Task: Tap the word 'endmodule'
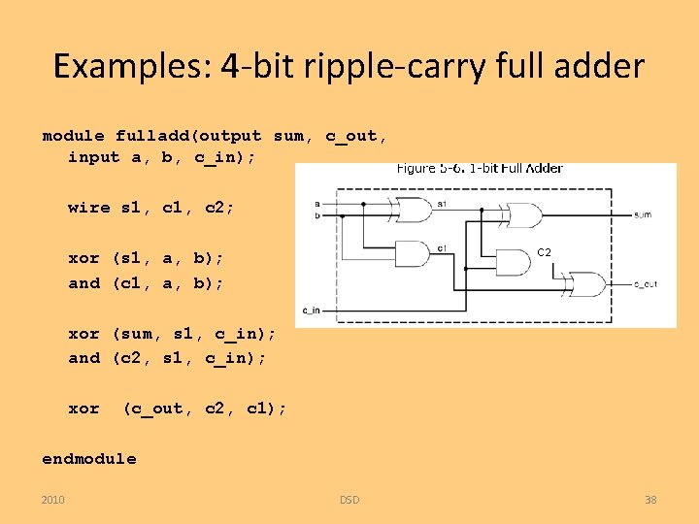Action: tap(89, 458)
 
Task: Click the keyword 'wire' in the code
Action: tap(89, 207)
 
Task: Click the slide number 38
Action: tap(650, 500)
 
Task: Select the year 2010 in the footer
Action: tap(53, 500)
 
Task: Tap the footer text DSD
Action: tap(349, 500)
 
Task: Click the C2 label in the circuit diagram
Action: tap(545, 252)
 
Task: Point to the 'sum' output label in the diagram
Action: tap(642, 214)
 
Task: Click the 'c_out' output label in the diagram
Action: tap(646, 284)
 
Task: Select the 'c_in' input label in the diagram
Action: tap(312, 310)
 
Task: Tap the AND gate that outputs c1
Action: tap(412, 254)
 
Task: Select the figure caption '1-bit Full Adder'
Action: tap(515, 168)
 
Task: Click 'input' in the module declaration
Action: tap(93, 157)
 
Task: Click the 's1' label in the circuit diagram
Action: tap(442, 204)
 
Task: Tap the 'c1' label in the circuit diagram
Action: tap(442, 248)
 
